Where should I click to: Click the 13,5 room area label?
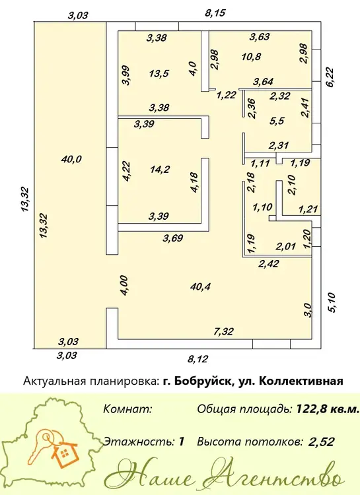(x=159, y=74)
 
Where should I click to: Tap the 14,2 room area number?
(x=160, y=170)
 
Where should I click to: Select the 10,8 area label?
(x=251, y=57)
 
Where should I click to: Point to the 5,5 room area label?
(x=277, y=121)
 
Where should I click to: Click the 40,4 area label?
(x=200, y=286)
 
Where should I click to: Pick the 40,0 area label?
(x=71, y=160)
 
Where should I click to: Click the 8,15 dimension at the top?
(x=215, y=13)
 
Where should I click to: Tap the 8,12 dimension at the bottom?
(x=198, y=359)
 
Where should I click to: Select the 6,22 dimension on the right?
(x=330, y=78)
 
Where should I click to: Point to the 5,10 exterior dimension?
(x=333, y=303)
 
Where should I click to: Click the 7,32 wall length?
(x=223, y=331)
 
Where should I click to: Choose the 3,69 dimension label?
(x=172, y=238)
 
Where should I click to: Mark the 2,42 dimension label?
(x=269, y=263)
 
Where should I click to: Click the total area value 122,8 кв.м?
(x=328, y=409)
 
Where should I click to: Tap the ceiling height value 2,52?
(x=322, y=442)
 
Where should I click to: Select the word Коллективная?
(x=301, y=381)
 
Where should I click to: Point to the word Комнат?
(x=128, y=409)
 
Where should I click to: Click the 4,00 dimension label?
(x=124, y=285)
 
